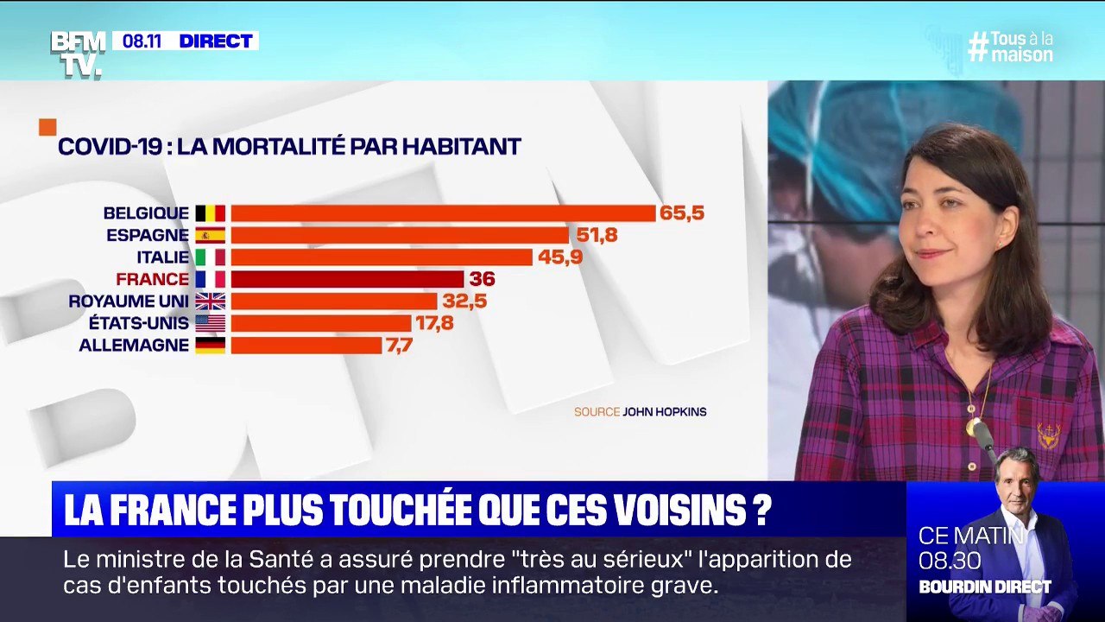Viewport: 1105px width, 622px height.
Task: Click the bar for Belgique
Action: click(x=443, y=213)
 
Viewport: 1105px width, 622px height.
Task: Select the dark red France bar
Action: click(x=347, y=279)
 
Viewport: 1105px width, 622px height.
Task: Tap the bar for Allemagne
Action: click(x=306, y=345)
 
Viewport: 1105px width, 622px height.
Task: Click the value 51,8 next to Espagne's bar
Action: click(x=596, y=235)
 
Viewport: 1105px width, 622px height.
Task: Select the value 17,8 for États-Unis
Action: click(x=434, y=323)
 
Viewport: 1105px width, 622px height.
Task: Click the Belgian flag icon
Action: click(x=210, y=213)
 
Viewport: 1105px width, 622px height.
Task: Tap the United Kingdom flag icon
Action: click(x=210, y=301)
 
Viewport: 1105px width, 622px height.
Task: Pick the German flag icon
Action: click(x=210, y=345)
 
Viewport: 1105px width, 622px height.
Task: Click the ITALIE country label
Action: click(x=162, y=257)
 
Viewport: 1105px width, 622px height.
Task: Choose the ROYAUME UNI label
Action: click(x=129, y=301)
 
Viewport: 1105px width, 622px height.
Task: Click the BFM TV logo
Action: click(x=78, y=54)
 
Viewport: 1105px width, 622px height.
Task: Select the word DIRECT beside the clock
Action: click(x=216, y=41)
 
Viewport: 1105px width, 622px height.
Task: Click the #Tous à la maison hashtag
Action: click(x=1011, y=47)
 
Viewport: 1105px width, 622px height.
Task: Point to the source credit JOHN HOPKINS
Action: click(x=664, y=412)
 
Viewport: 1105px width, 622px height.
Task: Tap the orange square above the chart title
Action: click(x=47, y=127)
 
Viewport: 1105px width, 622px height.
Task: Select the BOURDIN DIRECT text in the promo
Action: click(x=984, y=587)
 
